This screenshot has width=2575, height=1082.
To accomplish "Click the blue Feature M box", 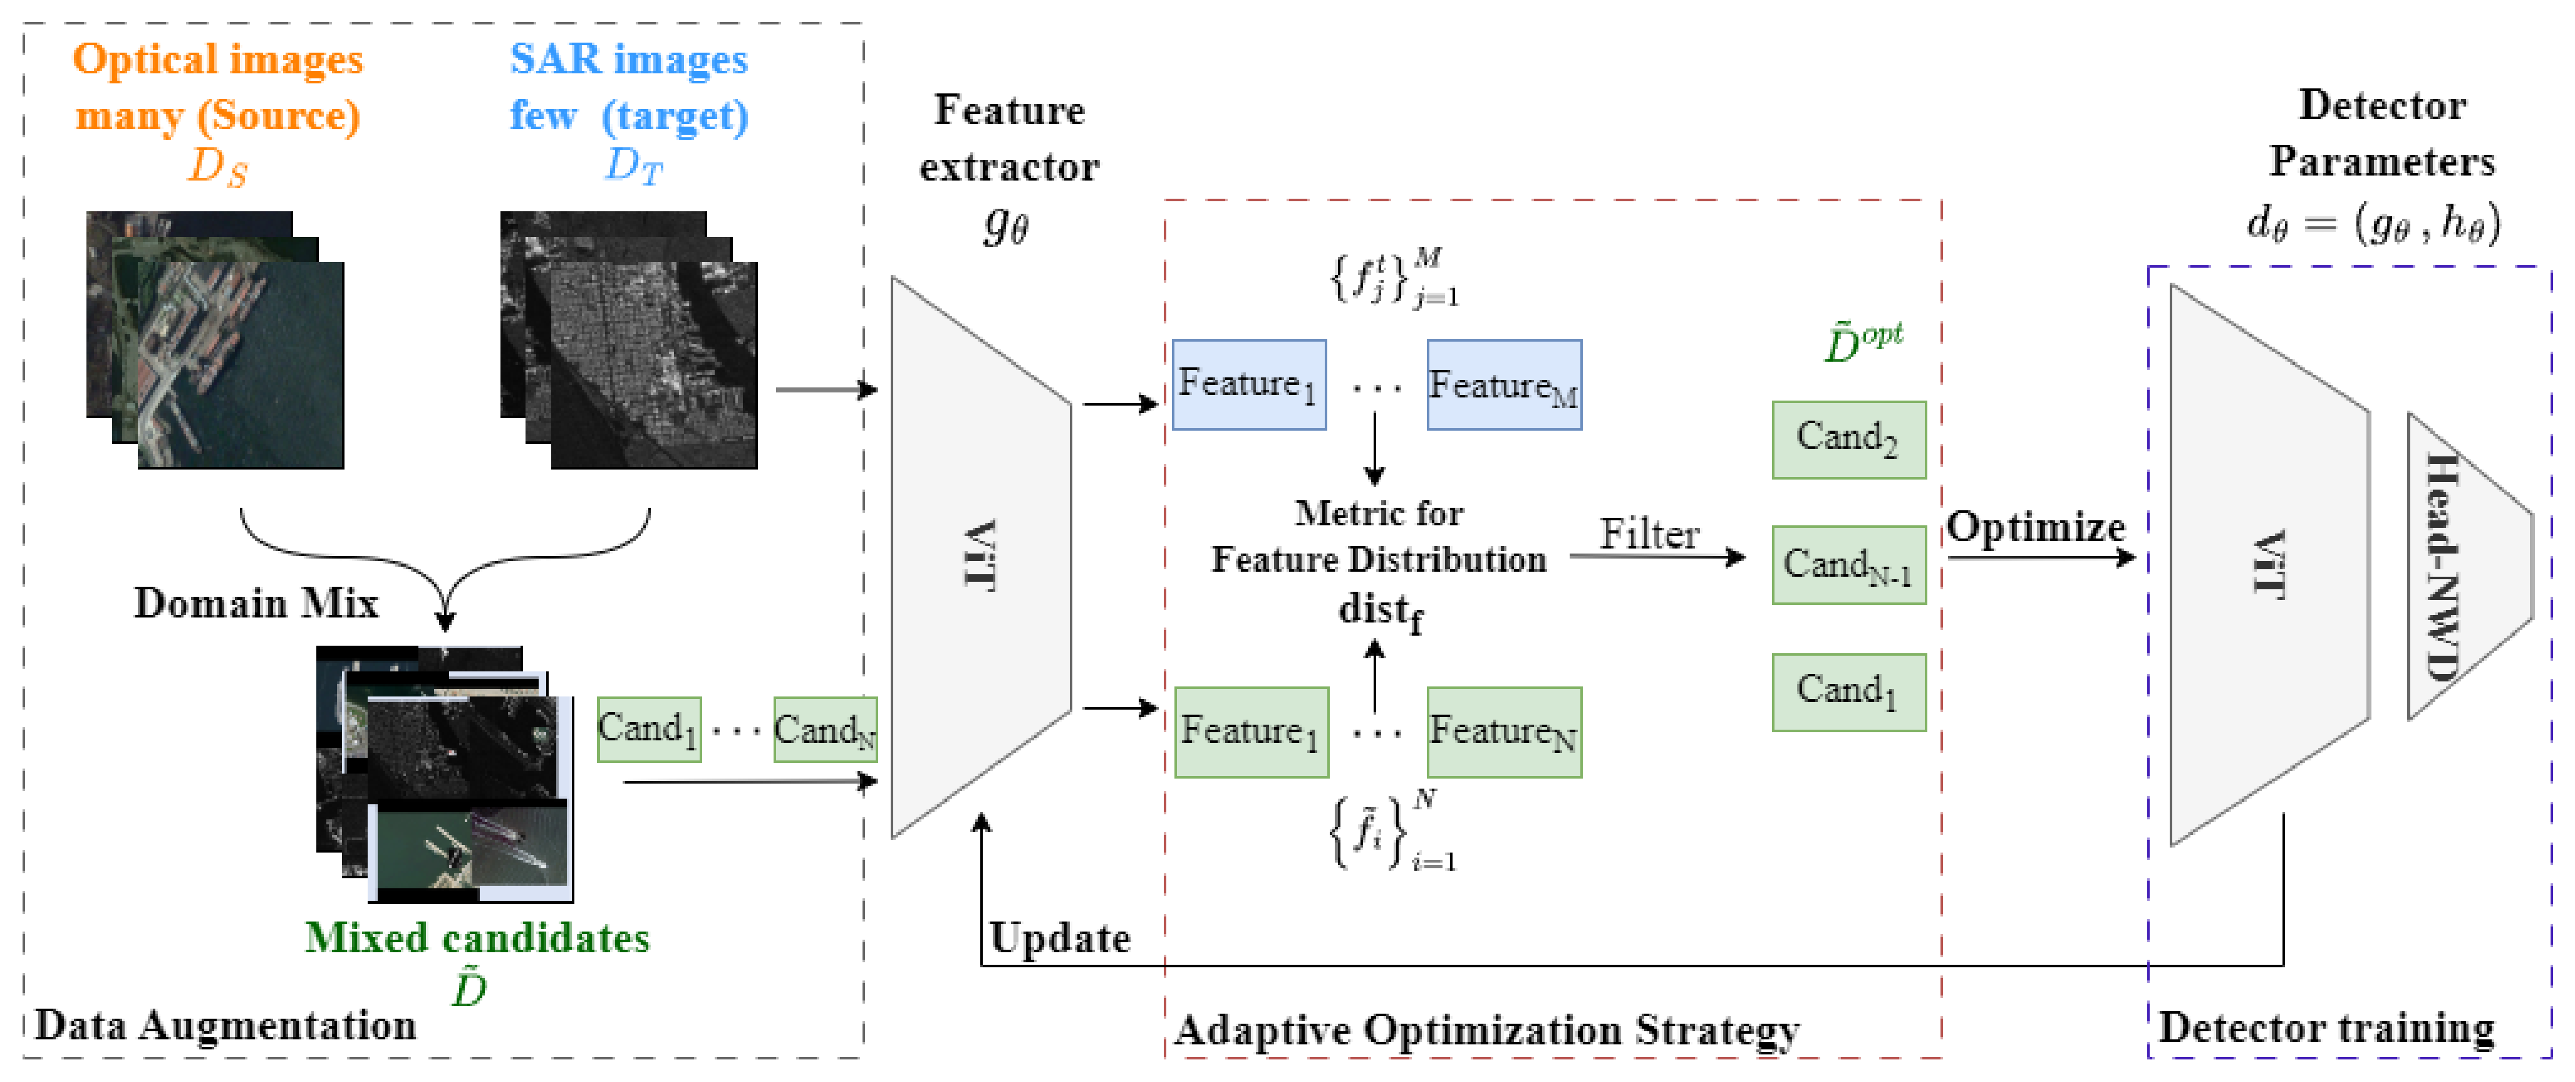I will [x=1503, y=385].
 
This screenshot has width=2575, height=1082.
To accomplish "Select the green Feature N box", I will [x=1503, y=732].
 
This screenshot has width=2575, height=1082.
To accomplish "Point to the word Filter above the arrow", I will [x=1649, y=534].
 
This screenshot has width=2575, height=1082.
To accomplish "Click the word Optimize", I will [x=2034, y=527].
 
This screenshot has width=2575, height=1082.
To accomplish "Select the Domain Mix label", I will [x=256, y=603].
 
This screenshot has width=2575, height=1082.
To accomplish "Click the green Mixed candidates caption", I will [x=477, y=938].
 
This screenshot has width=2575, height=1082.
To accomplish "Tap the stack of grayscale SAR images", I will [x=629, y=340].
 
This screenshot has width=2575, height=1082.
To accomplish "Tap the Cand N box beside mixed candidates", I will [x=825, y=730].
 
